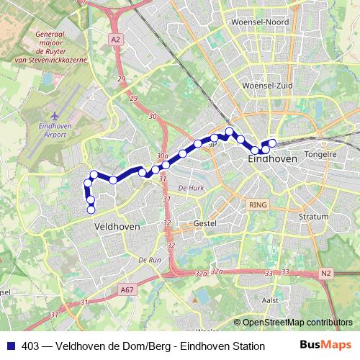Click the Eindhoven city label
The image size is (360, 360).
(x=271, y=158)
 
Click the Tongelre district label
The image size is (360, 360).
(x=321, y=154)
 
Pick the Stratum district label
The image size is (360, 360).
(x=312, y=215)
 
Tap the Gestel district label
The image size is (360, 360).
(x=204, y=224)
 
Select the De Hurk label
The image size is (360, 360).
(x=191, y=187)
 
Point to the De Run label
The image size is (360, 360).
(x=149, y=259)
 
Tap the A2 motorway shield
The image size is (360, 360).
(x=116, y=40)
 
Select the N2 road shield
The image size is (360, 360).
(x=326, y=273)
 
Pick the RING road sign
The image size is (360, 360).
(x=257, y=205)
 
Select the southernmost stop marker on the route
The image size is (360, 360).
(x=91, y=210)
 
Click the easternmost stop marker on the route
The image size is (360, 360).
(x=272, y=143)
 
